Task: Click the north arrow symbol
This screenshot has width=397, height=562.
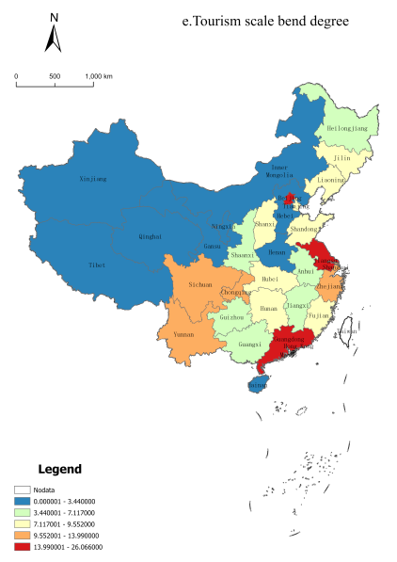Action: (x=54, y=35)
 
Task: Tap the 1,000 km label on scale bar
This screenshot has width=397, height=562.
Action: (x=98, y=75)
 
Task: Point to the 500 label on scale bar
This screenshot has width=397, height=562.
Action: (x=55, y=75)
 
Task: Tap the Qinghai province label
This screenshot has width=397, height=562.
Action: (x=151, y=236)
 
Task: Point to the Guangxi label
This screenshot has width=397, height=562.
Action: (x=250, y=345)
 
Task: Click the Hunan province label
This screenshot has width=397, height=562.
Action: (x=268, y=308)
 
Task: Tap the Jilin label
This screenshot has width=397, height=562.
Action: (x=341, y=159)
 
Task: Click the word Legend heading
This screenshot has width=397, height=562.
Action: (x=59, y=469)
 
